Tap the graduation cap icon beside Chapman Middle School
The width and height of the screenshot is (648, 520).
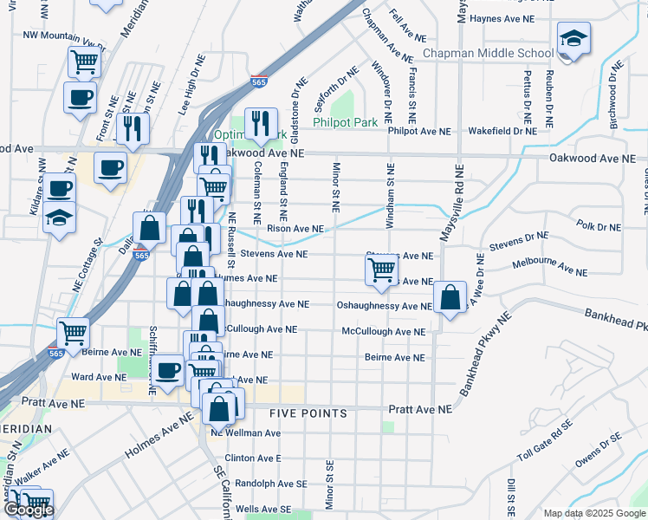573,40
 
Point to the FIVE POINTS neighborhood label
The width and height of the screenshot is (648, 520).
308,413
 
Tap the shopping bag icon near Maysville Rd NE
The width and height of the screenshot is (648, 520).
450,297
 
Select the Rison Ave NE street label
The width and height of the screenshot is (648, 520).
295,229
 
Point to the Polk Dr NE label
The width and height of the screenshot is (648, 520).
599,227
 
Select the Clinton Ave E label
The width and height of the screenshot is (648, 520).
253,458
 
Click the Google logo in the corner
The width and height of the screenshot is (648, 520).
28,510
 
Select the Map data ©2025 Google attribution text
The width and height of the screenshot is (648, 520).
593,513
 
